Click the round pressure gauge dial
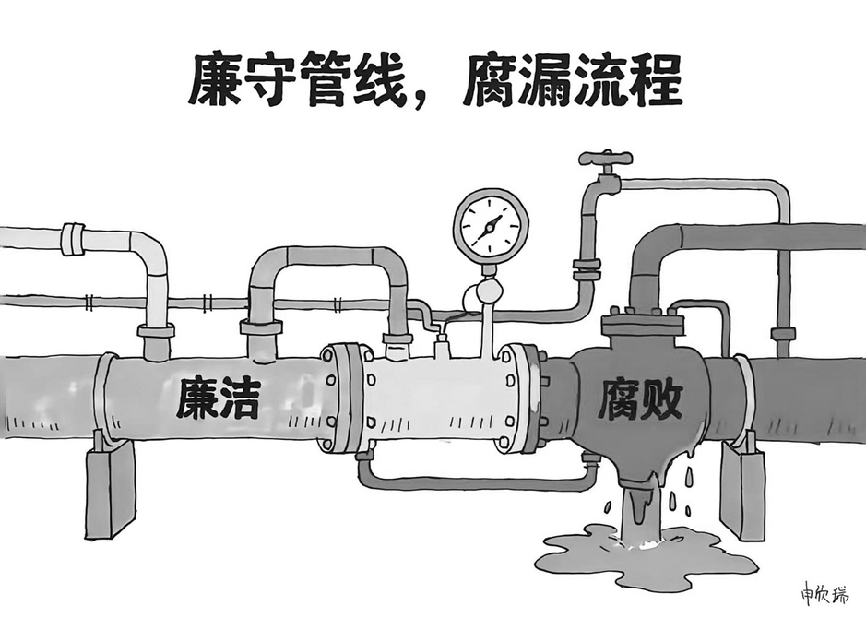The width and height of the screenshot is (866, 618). [491, 226]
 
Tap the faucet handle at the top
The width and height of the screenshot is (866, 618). [606, 158]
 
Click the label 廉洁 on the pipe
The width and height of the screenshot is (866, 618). [219, 398]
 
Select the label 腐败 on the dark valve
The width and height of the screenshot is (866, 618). [641, 398]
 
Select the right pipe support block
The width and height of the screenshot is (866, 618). [744, 484]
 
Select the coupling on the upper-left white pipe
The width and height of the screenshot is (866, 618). [73, 239]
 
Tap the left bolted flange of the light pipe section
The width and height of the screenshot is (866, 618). [341, 397]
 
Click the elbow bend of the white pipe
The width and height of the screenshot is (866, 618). [150, 250]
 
